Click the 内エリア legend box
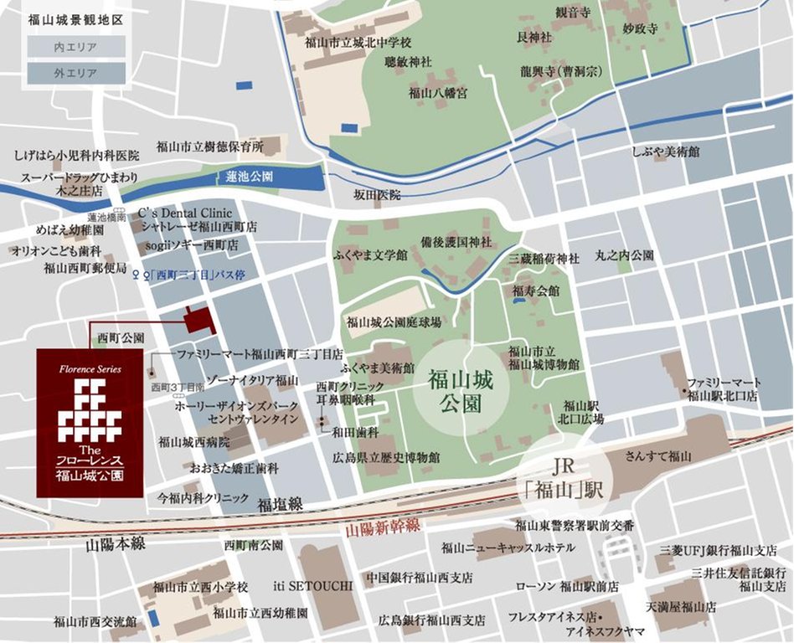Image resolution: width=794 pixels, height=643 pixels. pos(76,46)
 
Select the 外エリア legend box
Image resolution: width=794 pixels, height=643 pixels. pos(76,74)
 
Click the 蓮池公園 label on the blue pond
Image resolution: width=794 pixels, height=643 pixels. pos(249,177)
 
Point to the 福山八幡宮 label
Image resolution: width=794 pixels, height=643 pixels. pos(437,93)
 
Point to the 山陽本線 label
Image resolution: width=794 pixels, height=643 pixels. pos(116,544)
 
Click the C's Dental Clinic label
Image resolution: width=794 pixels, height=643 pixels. pos(184,213)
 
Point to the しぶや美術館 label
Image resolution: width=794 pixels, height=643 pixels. pos(666,152)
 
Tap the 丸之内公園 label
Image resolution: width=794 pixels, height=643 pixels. pos(624,255)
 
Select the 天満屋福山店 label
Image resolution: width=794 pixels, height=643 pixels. pos(681,606)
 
